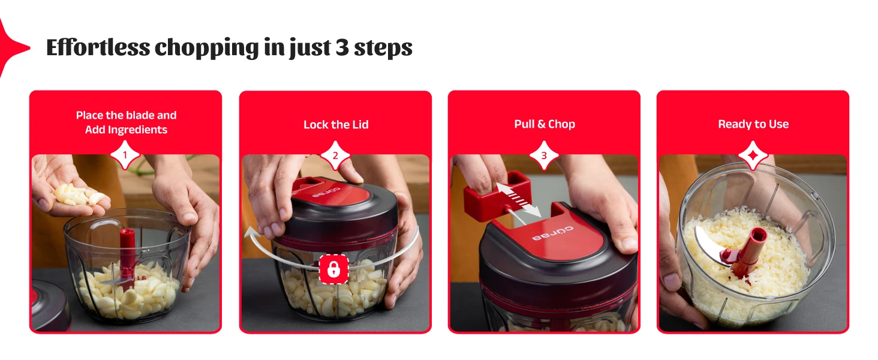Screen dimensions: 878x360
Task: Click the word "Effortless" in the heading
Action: [x=98, y=47]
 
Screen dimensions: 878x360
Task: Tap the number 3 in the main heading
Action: [x=342, y=48]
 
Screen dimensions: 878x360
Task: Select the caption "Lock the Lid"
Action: [x=336, y=125]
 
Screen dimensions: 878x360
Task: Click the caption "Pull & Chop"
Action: [x=545, y=124]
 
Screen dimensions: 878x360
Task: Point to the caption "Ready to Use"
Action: [x=753, y=124]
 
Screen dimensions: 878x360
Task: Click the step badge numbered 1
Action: [x=125, y=155]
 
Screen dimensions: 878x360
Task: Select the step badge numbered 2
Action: [x=335, y=155]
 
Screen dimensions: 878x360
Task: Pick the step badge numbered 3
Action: [x=544, y=155]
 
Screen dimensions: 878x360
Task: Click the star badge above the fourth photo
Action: [x=753, y=155]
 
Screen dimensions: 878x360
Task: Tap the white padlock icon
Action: [x=333, y=269]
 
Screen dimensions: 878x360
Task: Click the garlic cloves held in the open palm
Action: [x=79, y=195]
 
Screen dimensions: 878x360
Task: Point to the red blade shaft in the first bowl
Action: [x=127, y=255]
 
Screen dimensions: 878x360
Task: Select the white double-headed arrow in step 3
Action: [x=519, y=200]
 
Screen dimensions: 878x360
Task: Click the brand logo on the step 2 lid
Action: [x=326, y=192]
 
